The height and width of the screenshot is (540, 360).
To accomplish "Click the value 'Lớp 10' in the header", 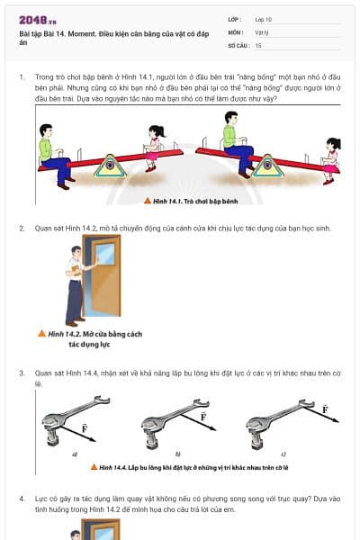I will click(265, 19).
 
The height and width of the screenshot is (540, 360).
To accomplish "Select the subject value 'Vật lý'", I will click(263, 31).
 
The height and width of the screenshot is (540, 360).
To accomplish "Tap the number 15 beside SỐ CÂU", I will click(258, 44).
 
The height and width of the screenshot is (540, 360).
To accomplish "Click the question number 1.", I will click(22, 77).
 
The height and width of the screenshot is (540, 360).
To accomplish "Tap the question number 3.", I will click(22, 372).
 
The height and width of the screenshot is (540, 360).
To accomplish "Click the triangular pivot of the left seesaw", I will click(111, 166).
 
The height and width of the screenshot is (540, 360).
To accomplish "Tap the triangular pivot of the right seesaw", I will click(266, 166).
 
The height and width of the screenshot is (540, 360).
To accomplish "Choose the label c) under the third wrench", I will click(283, 454).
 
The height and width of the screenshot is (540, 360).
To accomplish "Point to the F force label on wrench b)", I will click(202, 417).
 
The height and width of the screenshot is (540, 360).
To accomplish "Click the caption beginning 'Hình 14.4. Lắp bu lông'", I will click(190, 468).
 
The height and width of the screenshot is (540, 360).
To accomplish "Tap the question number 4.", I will click(22, 498).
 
